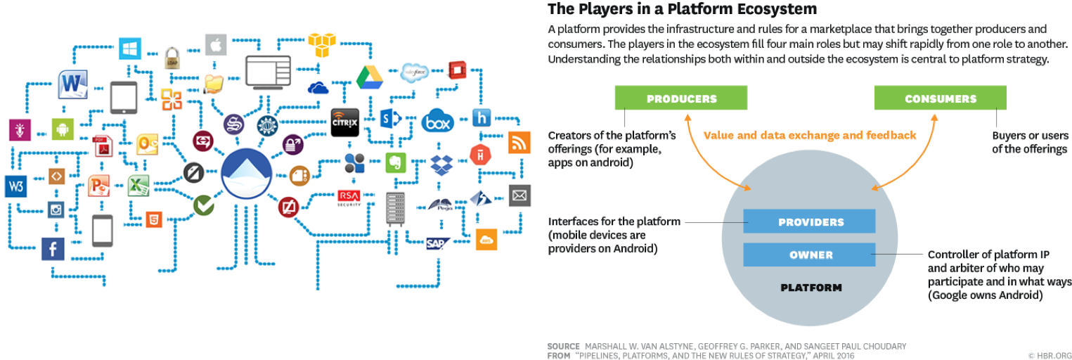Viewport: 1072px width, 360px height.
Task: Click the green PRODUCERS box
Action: pyautogui.click(x=680, y=98)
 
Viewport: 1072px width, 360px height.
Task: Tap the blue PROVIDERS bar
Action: pyautogui.click(x=810, y=222)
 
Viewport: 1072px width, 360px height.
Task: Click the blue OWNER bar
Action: pyautogui.click(x=810, y=255)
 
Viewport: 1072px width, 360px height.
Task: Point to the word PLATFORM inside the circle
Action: pyautogui.click(x=811, y=288)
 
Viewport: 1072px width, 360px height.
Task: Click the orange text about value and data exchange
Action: pyautogui.click(x=810, y=135)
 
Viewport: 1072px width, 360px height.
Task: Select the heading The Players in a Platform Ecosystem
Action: pyautogui.click(x=682, y=9)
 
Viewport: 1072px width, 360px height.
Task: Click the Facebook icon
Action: pyautogui.click(x=53, y=248)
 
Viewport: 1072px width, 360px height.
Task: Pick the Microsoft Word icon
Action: pyautogui.click(x=72, y=85)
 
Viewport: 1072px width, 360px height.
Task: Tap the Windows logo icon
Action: pyautogui.click(x=129, y=49)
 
